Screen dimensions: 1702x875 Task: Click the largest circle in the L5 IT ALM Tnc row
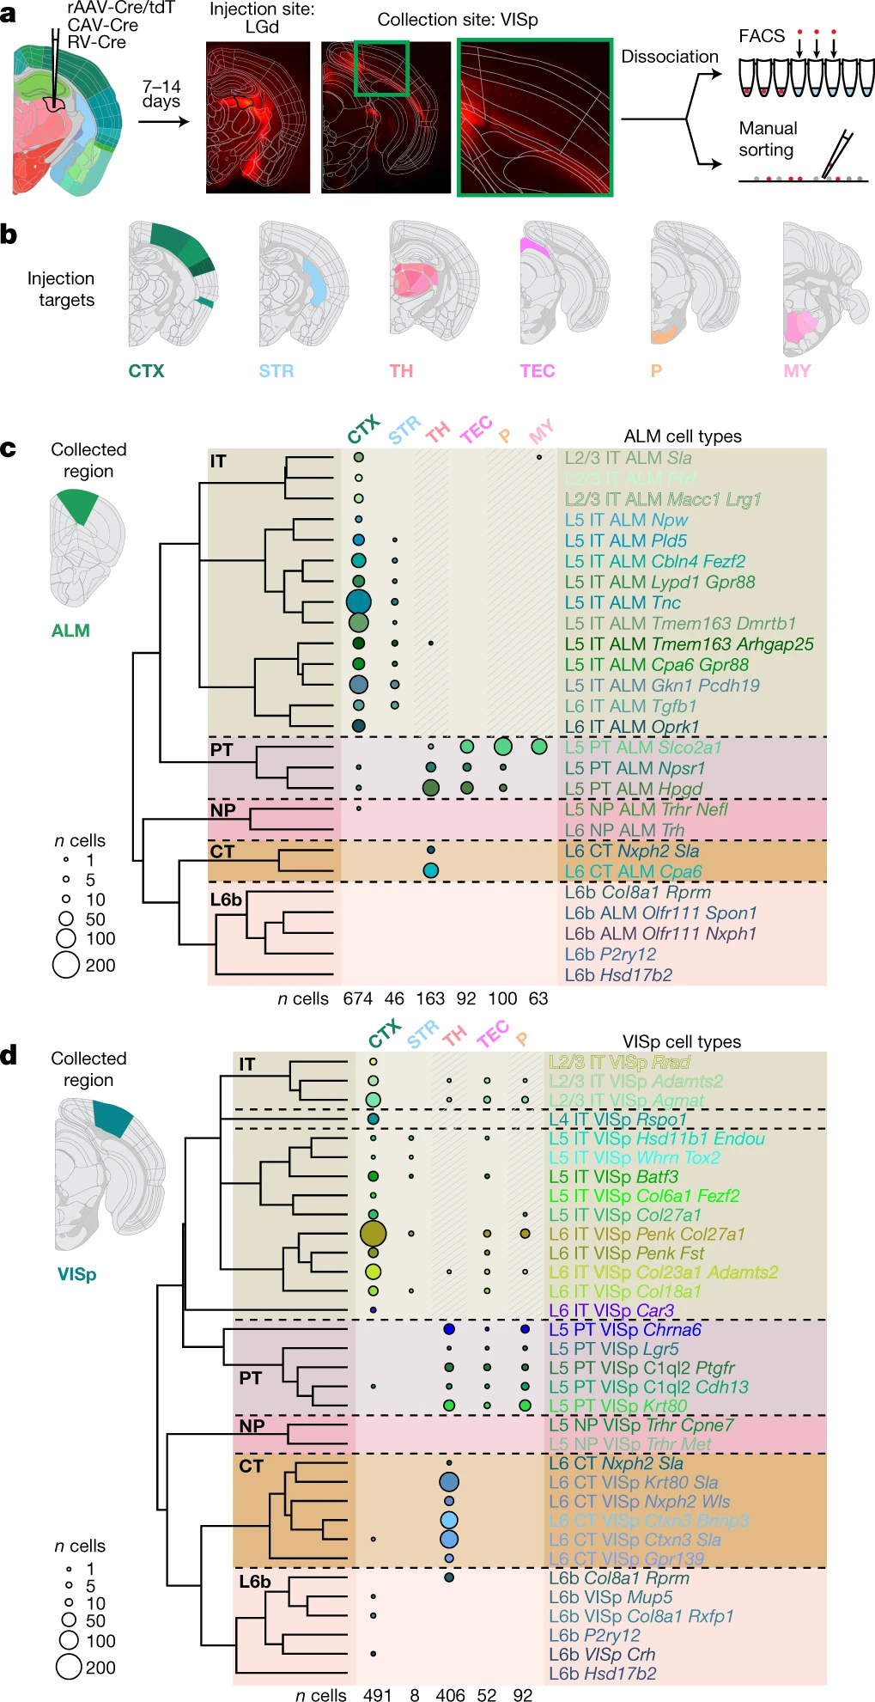tap(358, 602)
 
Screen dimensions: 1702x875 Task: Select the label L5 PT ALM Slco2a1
tap(642, 747)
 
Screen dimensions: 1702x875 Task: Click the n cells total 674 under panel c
tap(357, 998)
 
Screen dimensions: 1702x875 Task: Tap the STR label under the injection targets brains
tap(276, 371)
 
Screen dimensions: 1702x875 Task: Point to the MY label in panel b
tap(797, 371)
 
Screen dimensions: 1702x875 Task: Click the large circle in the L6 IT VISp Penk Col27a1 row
tap(373, 1234)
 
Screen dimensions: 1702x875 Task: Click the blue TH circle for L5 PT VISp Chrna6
tap(448, 1329)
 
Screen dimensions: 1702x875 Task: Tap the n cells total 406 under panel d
tap(450, 1695)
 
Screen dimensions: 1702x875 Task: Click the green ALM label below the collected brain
tap(70, 631)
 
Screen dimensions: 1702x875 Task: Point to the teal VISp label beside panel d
tap(76, 1274)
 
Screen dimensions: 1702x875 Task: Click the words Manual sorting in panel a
tap(768, 139)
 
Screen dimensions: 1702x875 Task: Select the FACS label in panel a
tap(762, 36)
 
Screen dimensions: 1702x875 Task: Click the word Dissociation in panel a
tap(670, 57)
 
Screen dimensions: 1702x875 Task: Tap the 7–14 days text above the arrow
tap(161, 94)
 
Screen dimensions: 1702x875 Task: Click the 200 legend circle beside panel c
tap(66, 965)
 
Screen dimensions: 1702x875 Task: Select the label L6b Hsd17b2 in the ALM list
tap(618, 975)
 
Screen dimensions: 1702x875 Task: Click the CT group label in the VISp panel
tap(251, 1466)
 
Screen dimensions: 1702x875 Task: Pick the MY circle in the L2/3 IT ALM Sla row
tap(538, 457)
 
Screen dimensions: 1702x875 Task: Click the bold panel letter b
tap(9, 235)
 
